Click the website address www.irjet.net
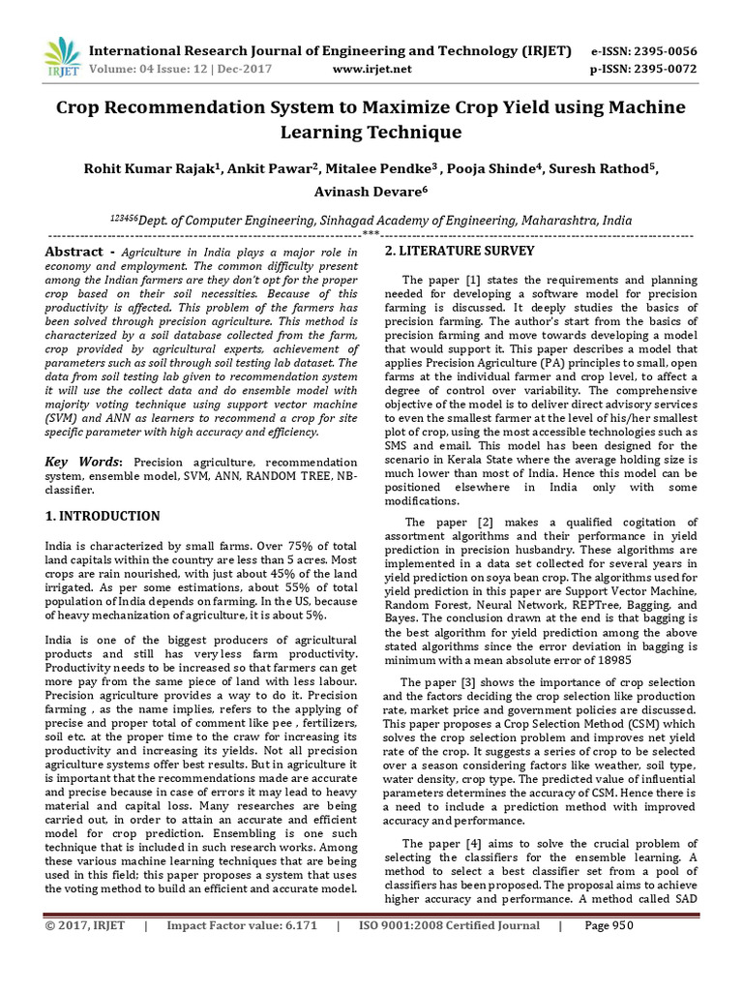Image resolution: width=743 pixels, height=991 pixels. [x=371, y=69]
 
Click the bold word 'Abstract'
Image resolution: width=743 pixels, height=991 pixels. [x=74, y=252]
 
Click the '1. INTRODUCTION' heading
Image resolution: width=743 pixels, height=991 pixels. [x=104, y=516]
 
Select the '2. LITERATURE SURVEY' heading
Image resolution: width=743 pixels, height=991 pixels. [x=460, y=252]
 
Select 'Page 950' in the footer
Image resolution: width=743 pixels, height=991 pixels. [x=609, y=925]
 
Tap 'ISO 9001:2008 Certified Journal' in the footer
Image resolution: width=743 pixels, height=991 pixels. [x=449, y=925]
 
